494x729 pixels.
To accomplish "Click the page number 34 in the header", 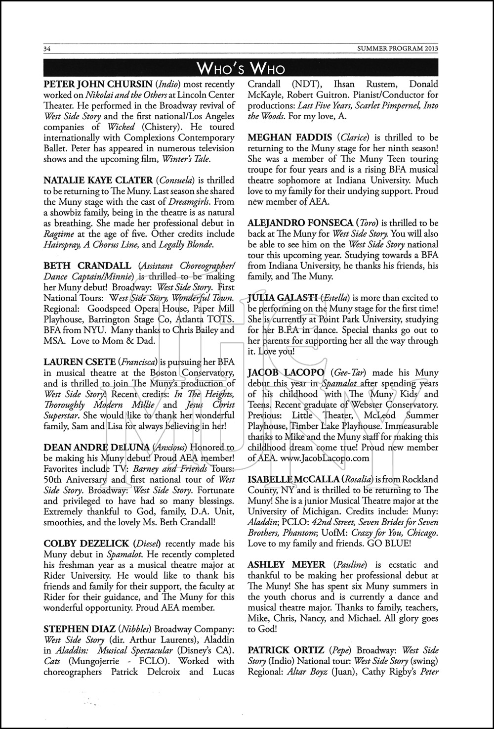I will click(x=48, y=48).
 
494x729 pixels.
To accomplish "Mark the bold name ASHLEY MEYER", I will click(x=287, y=564).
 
